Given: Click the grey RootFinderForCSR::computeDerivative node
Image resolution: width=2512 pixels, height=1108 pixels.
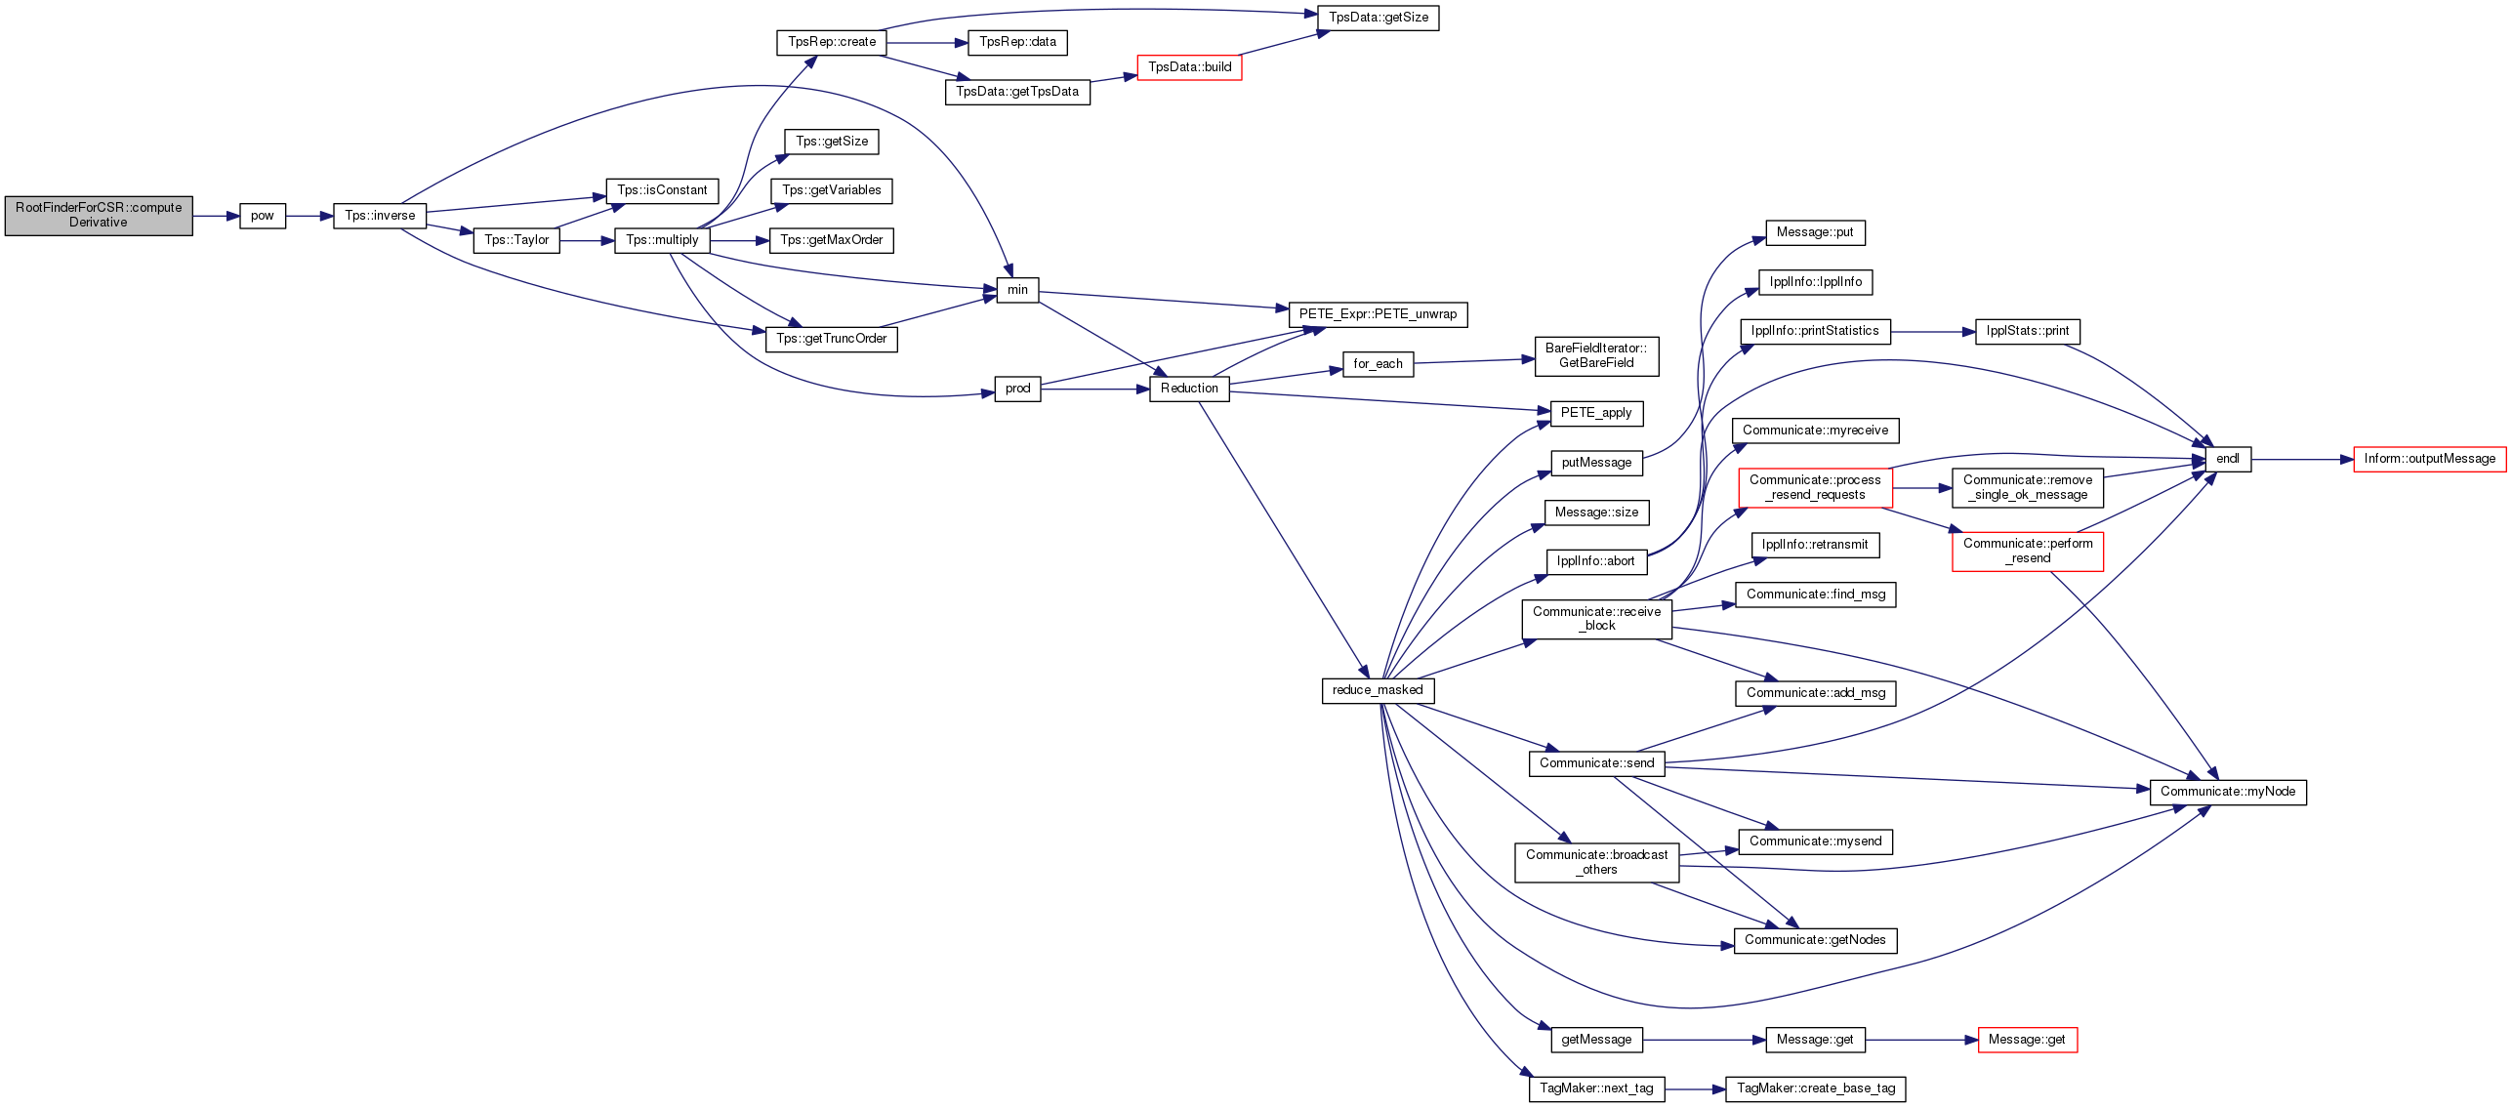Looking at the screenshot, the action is [x=99, y=216].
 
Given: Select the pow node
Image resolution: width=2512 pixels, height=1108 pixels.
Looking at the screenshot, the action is [x=263, y=216].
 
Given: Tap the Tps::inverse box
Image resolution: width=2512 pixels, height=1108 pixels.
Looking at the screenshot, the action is [x=380, y=216].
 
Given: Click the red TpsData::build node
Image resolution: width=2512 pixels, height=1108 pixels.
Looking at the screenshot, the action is [x=1189, y=67].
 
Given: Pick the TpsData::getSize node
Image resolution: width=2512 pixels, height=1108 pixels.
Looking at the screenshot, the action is [x=1379, y=18].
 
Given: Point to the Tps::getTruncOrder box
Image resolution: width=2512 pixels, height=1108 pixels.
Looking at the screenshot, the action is [x=832, y=339].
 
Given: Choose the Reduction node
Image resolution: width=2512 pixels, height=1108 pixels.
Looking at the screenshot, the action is [x=1189, y=389].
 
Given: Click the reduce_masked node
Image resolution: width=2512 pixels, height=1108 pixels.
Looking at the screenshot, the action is [x=1378, y=690].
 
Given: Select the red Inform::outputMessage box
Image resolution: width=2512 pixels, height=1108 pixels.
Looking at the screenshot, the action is [x=2430, y=459].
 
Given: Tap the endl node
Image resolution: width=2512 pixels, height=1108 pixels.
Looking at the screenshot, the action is [x=2228, y=459].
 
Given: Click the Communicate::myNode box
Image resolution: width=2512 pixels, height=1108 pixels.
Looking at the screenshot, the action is [x=2228, y=792].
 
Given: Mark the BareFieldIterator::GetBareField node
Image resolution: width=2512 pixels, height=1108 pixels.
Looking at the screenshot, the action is [x=1596, y=355].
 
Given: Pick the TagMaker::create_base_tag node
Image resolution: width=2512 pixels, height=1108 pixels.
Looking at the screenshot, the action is [x=1816, y=1088].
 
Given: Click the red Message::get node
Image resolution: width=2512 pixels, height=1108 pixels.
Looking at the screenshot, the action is [x=2027, y=1040].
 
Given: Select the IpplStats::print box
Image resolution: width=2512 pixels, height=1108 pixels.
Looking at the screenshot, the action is [x=2028, y=331].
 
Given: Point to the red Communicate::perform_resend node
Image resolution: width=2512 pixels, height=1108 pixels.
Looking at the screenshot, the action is [x=2028, y=551].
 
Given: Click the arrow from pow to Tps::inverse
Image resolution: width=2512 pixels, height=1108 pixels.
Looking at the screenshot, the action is [x=309, y=216].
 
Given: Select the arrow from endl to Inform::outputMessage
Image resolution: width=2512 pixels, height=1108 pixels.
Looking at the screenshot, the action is [x=2302, y=459].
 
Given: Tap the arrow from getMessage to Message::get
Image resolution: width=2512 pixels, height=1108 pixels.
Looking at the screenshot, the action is [x=1705, y=1040].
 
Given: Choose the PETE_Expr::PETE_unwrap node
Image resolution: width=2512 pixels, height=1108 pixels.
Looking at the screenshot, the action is [x=1378, y=314].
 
